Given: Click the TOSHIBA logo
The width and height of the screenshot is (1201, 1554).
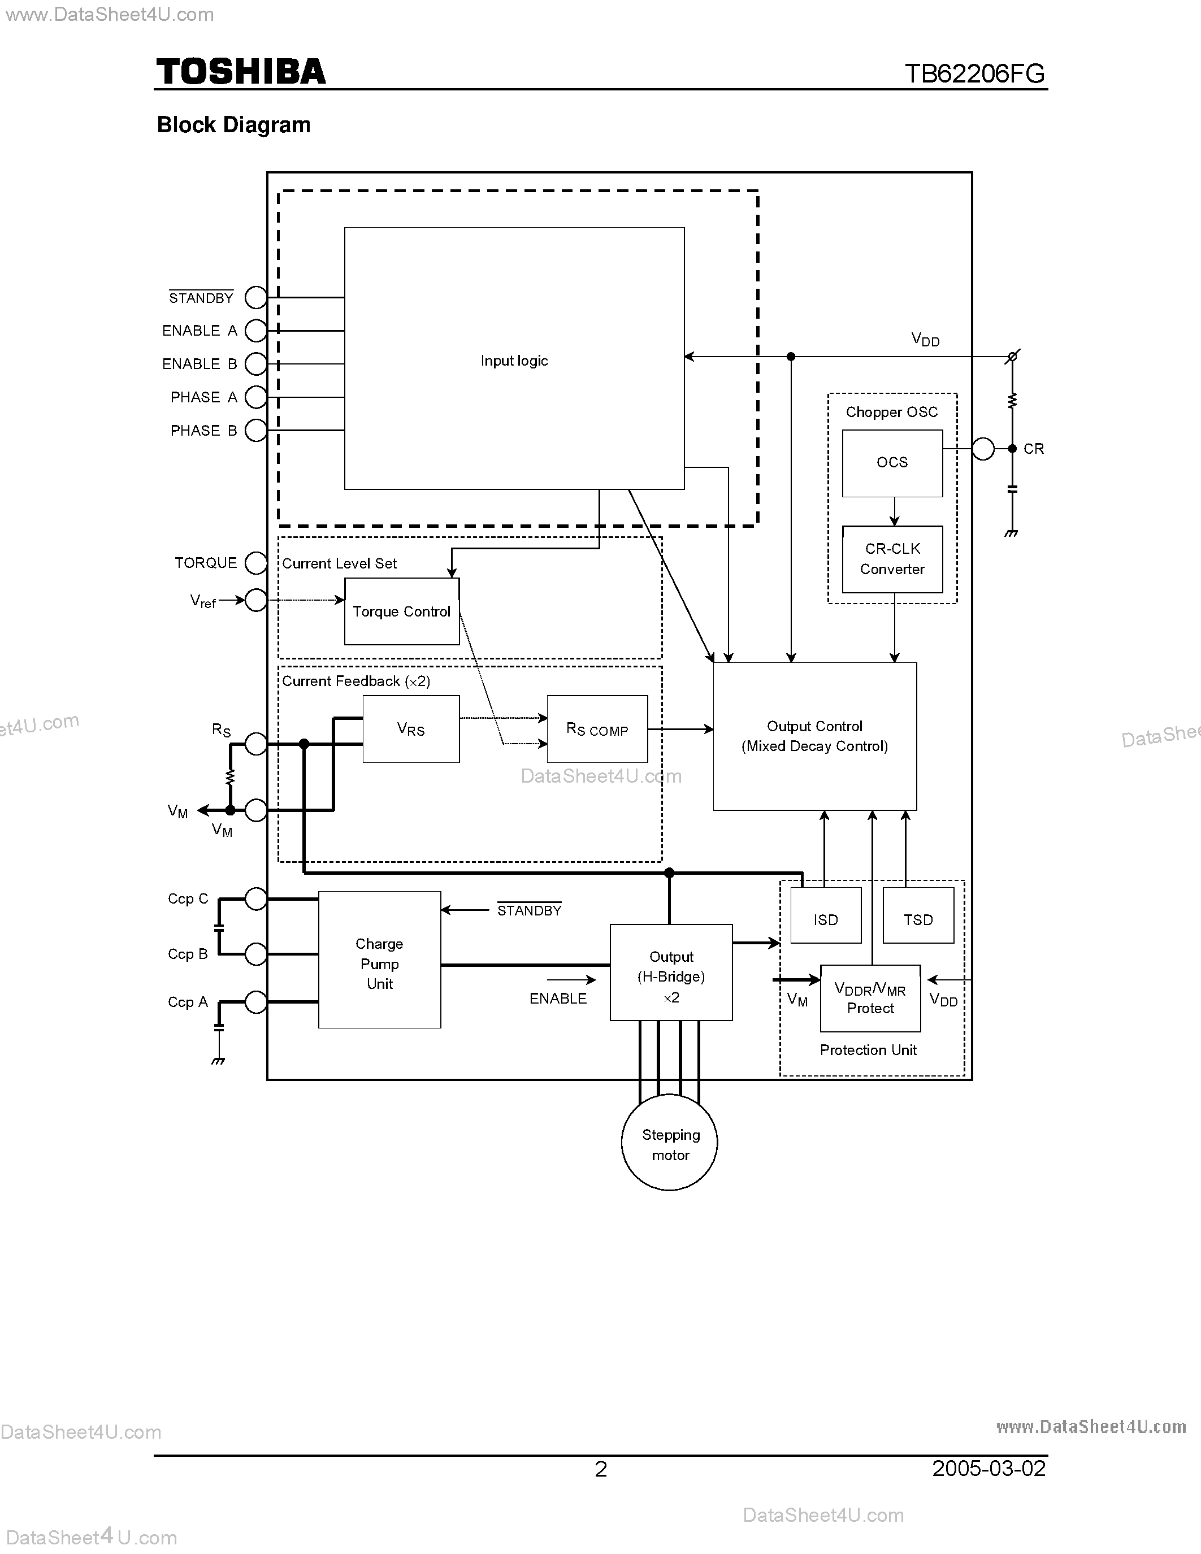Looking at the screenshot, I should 241,72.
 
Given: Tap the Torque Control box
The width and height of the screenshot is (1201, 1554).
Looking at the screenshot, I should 402,611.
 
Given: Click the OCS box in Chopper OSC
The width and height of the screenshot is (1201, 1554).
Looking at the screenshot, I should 892,462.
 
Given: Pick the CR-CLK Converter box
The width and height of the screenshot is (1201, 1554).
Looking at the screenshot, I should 892,559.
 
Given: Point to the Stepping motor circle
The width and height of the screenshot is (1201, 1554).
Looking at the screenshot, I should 670,1143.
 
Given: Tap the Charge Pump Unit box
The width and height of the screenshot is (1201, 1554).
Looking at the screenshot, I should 379,960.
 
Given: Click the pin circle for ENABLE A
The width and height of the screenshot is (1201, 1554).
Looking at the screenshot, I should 256,331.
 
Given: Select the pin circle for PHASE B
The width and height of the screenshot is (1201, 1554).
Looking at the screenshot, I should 256,431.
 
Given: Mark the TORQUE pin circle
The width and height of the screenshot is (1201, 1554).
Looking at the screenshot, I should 256,563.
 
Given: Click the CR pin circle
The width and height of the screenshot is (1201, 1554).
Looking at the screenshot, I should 983,449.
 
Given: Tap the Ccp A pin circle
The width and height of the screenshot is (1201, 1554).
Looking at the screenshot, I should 256,1002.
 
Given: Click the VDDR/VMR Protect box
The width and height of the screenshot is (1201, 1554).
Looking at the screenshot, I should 870,999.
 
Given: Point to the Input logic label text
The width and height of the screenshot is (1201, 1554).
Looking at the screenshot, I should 514,361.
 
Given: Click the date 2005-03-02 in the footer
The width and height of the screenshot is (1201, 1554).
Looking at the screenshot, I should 988,1469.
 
